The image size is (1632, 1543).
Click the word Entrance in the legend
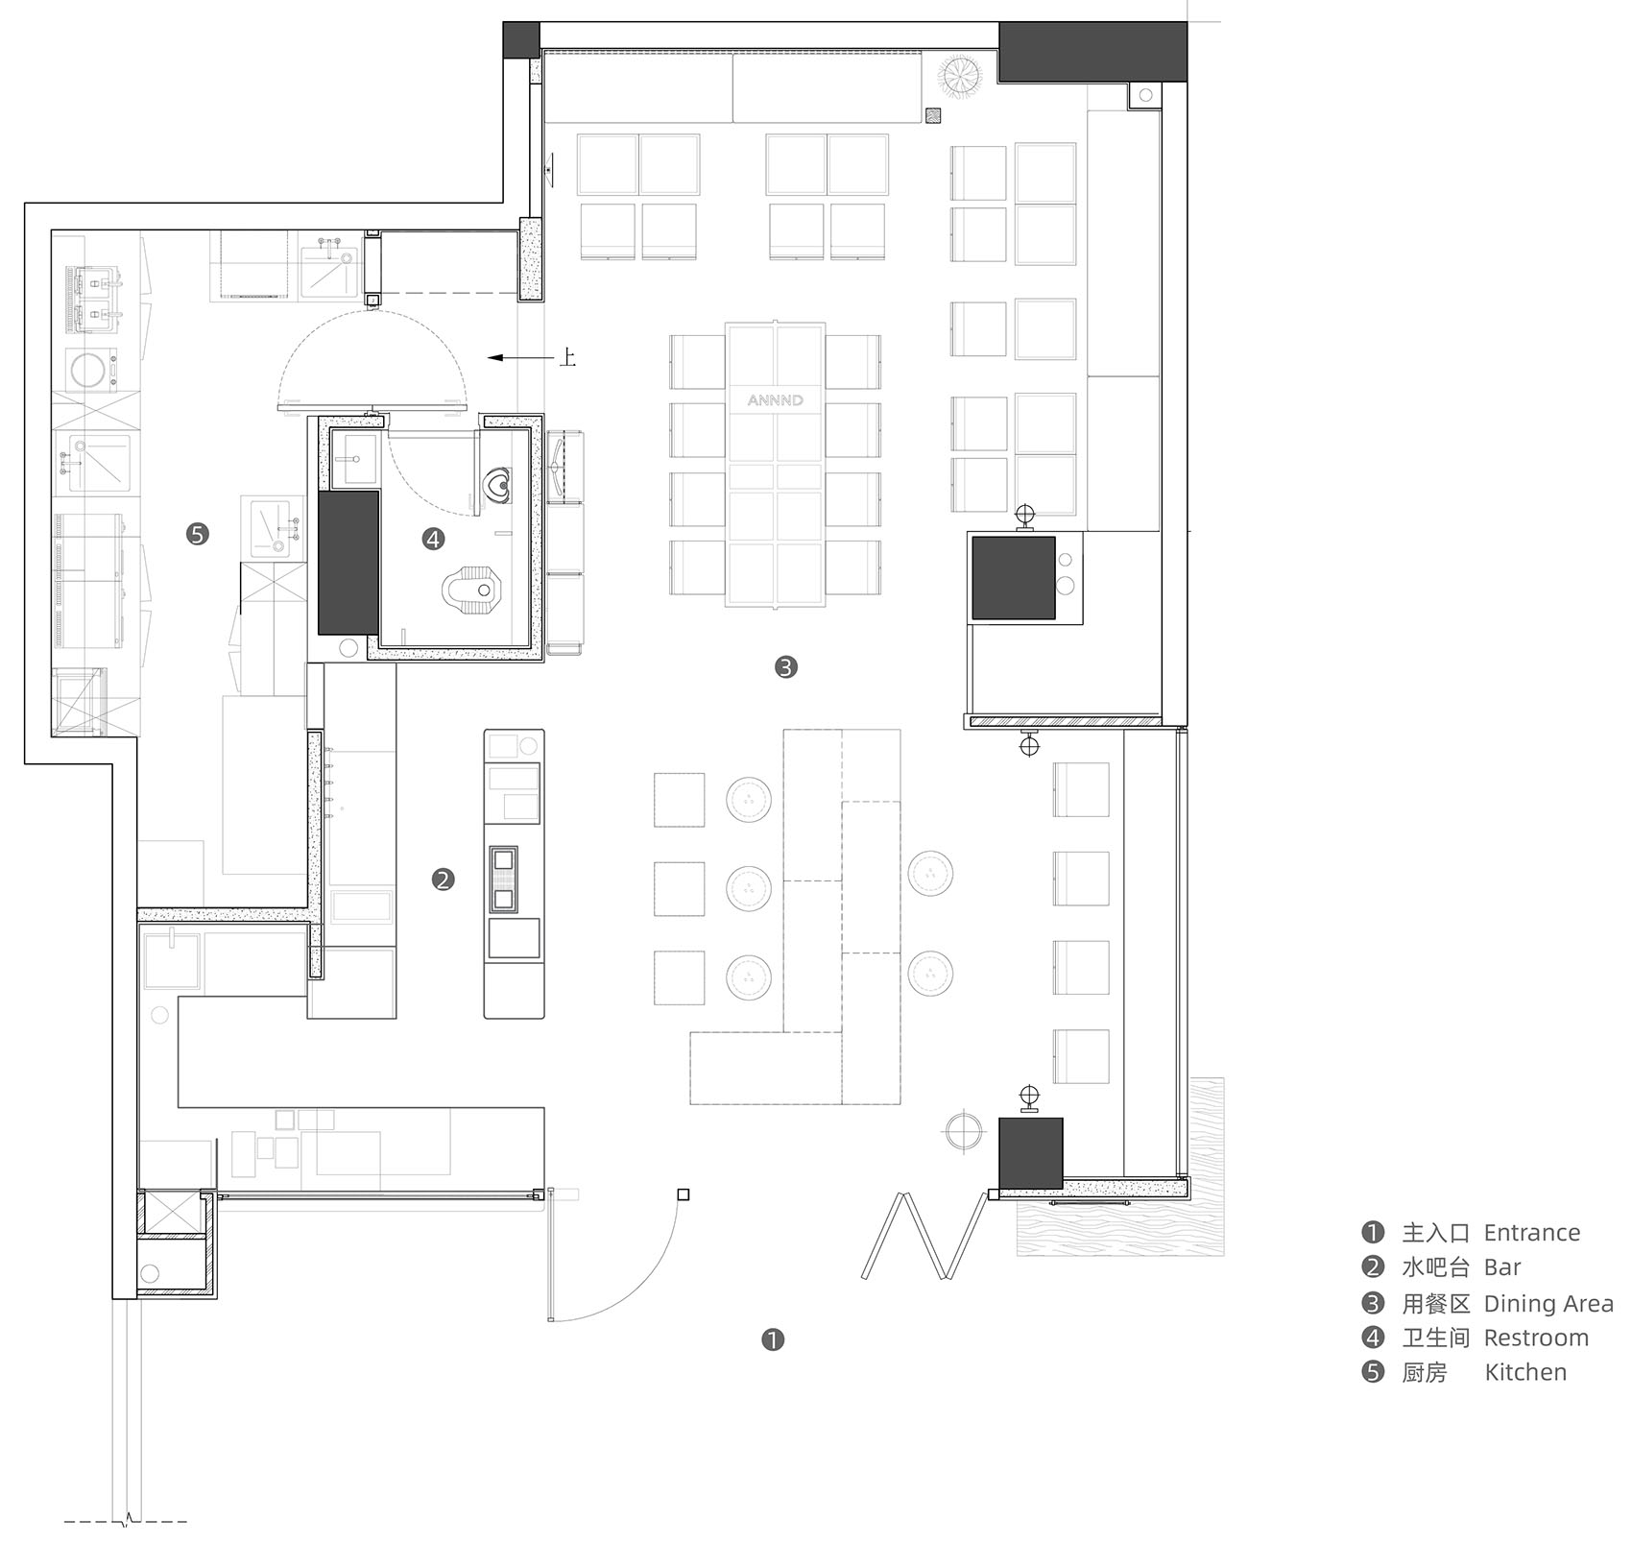click(1531, 1233)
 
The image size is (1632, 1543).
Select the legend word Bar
click(1502, 1267)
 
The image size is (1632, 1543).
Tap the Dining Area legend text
click(1548, 1303)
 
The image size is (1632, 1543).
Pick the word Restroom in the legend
click(1536, 1338)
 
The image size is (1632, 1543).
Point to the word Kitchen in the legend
click(1525, 1372)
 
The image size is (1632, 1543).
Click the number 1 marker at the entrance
click(773, 1339)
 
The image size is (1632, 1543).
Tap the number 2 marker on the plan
click(443, 879)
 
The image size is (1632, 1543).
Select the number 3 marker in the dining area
click(786, 666)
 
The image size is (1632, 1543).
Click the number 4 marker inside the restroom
click(433, 540)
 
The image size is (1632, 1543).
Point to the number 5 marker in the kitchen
click(198, 534)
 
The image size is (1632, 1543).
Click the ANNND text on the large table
click(776, 399)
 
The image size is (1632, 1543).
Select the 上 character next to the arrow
click(567, 359)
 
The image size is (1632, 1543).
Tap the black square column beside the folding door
click(1030, 1152)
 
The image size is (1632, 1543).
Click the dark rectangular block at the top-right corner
click(1092, 53)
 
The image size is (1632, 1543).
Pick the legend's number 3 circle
click(1374, 1303)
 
